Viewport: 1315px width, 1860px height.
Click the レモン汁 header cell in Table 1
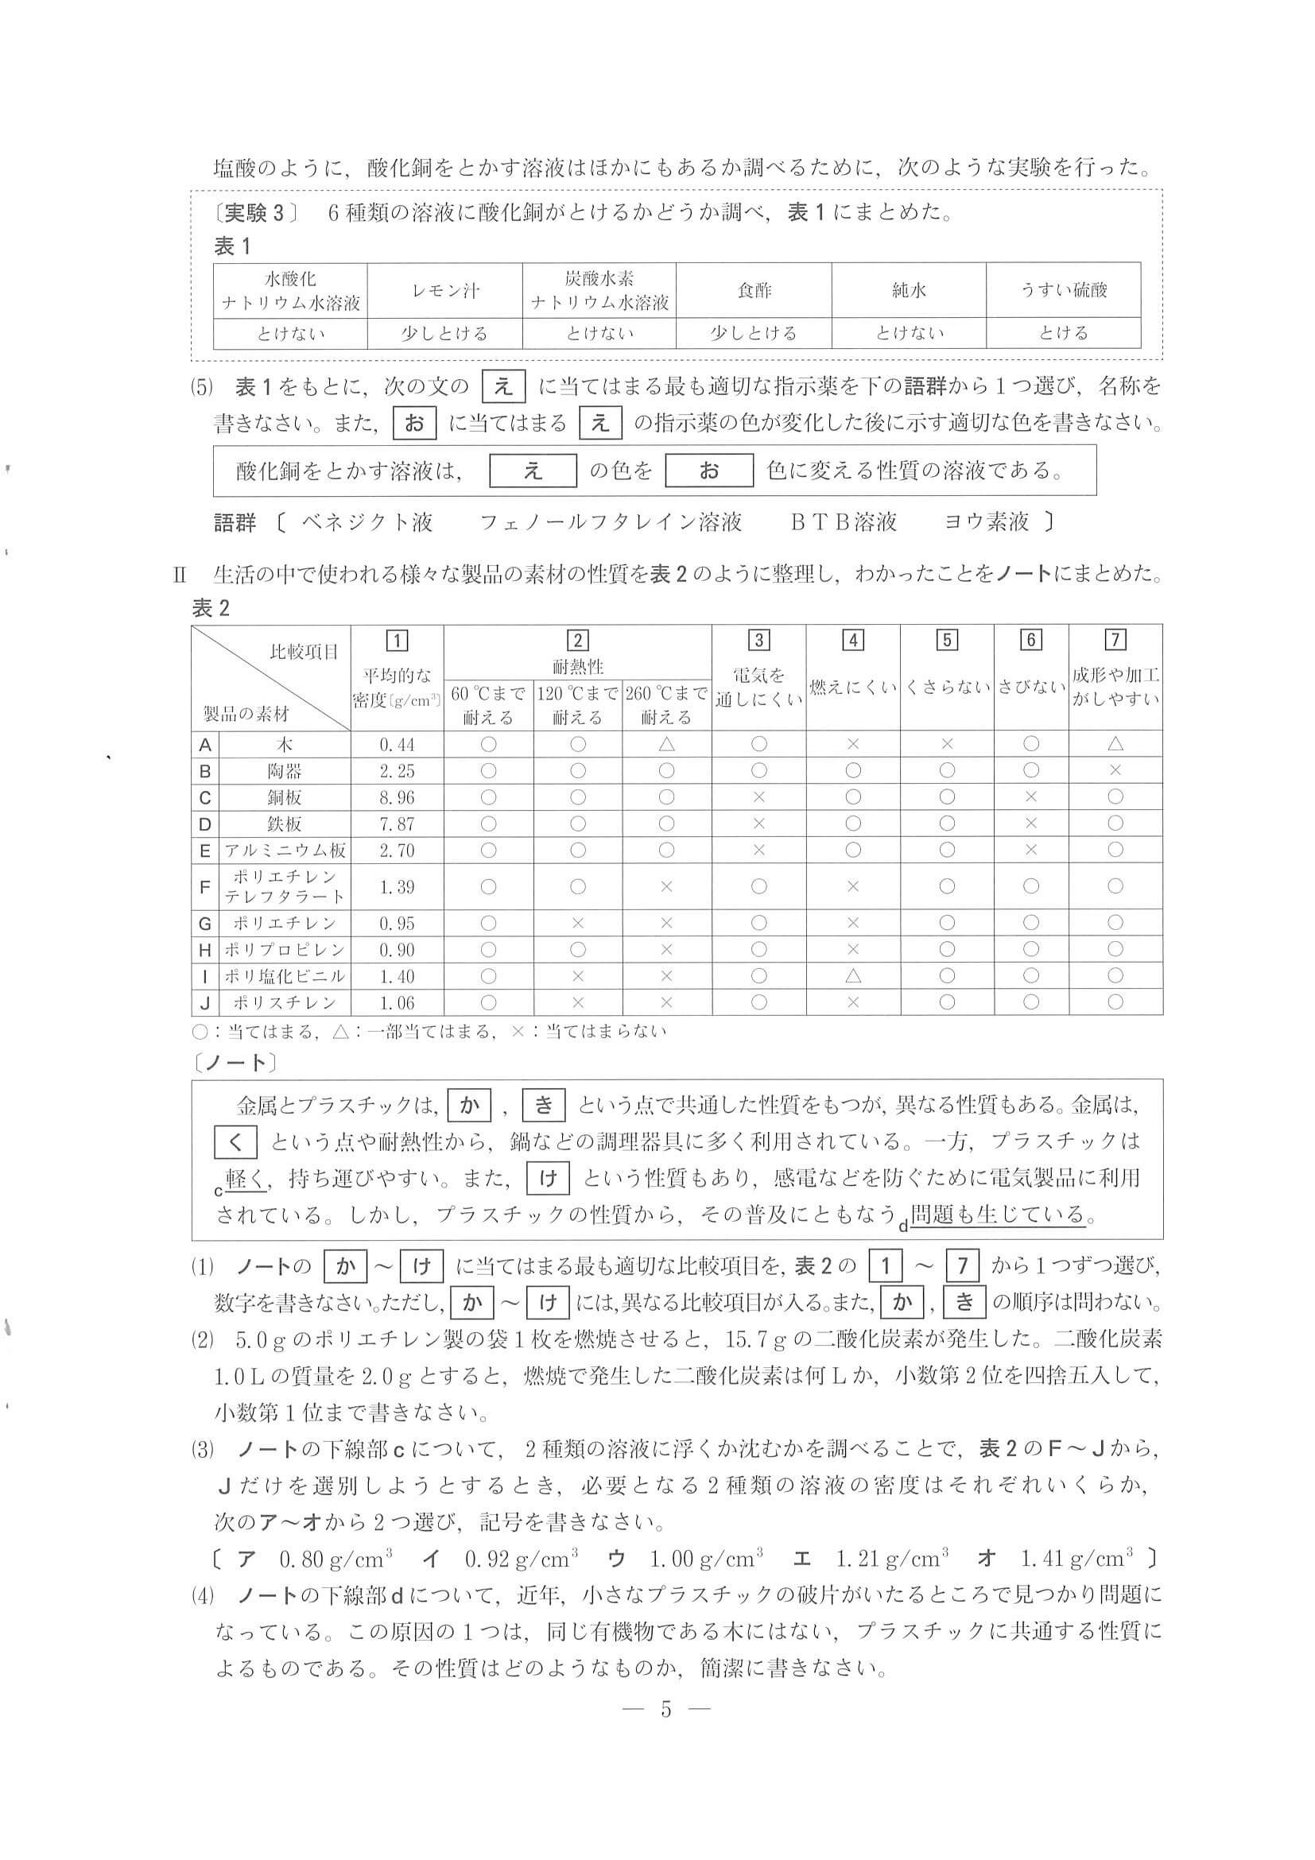click(444, 290)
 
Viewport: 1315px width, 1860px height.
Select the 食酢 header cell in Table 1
click(754, 290)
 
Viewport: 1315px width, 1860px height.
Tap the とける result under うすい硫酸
click(1063, 333)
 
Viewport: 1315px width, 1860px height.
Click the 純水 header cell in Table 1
click(908, 290)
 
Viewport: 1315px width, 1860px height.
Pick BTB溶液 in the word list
click(844, 521)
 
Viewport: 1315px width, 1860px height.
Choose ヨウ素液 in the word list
click(986, 521)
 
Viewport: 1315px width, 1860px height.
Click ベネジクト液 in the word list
click(367, 521)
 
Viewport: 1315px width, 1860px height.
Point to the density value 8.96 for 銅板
click(397, 798)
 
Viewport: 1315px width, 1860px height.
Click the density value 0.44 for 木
click(397, 745)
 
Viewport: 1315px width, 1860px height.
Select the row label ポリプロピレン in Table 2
click(285, 949)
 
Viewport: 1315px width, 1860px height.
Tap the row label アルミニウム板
click(285, 851)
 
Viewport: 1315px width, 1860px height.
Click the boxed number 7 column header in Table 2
click(1115, 640)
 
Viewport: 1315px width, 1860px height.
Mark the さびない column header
click(1030, 687)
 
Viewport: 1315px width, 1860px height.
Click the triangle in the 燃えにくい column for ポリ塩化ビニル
click(852, 976)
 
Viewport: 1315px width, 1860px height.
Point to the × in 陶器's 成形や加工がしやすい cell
click(1115, 770)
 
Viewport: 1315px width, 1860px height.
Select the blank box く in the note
click(235, 1141)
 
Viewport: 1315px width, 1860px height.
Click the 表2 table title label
click(211, 608)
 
